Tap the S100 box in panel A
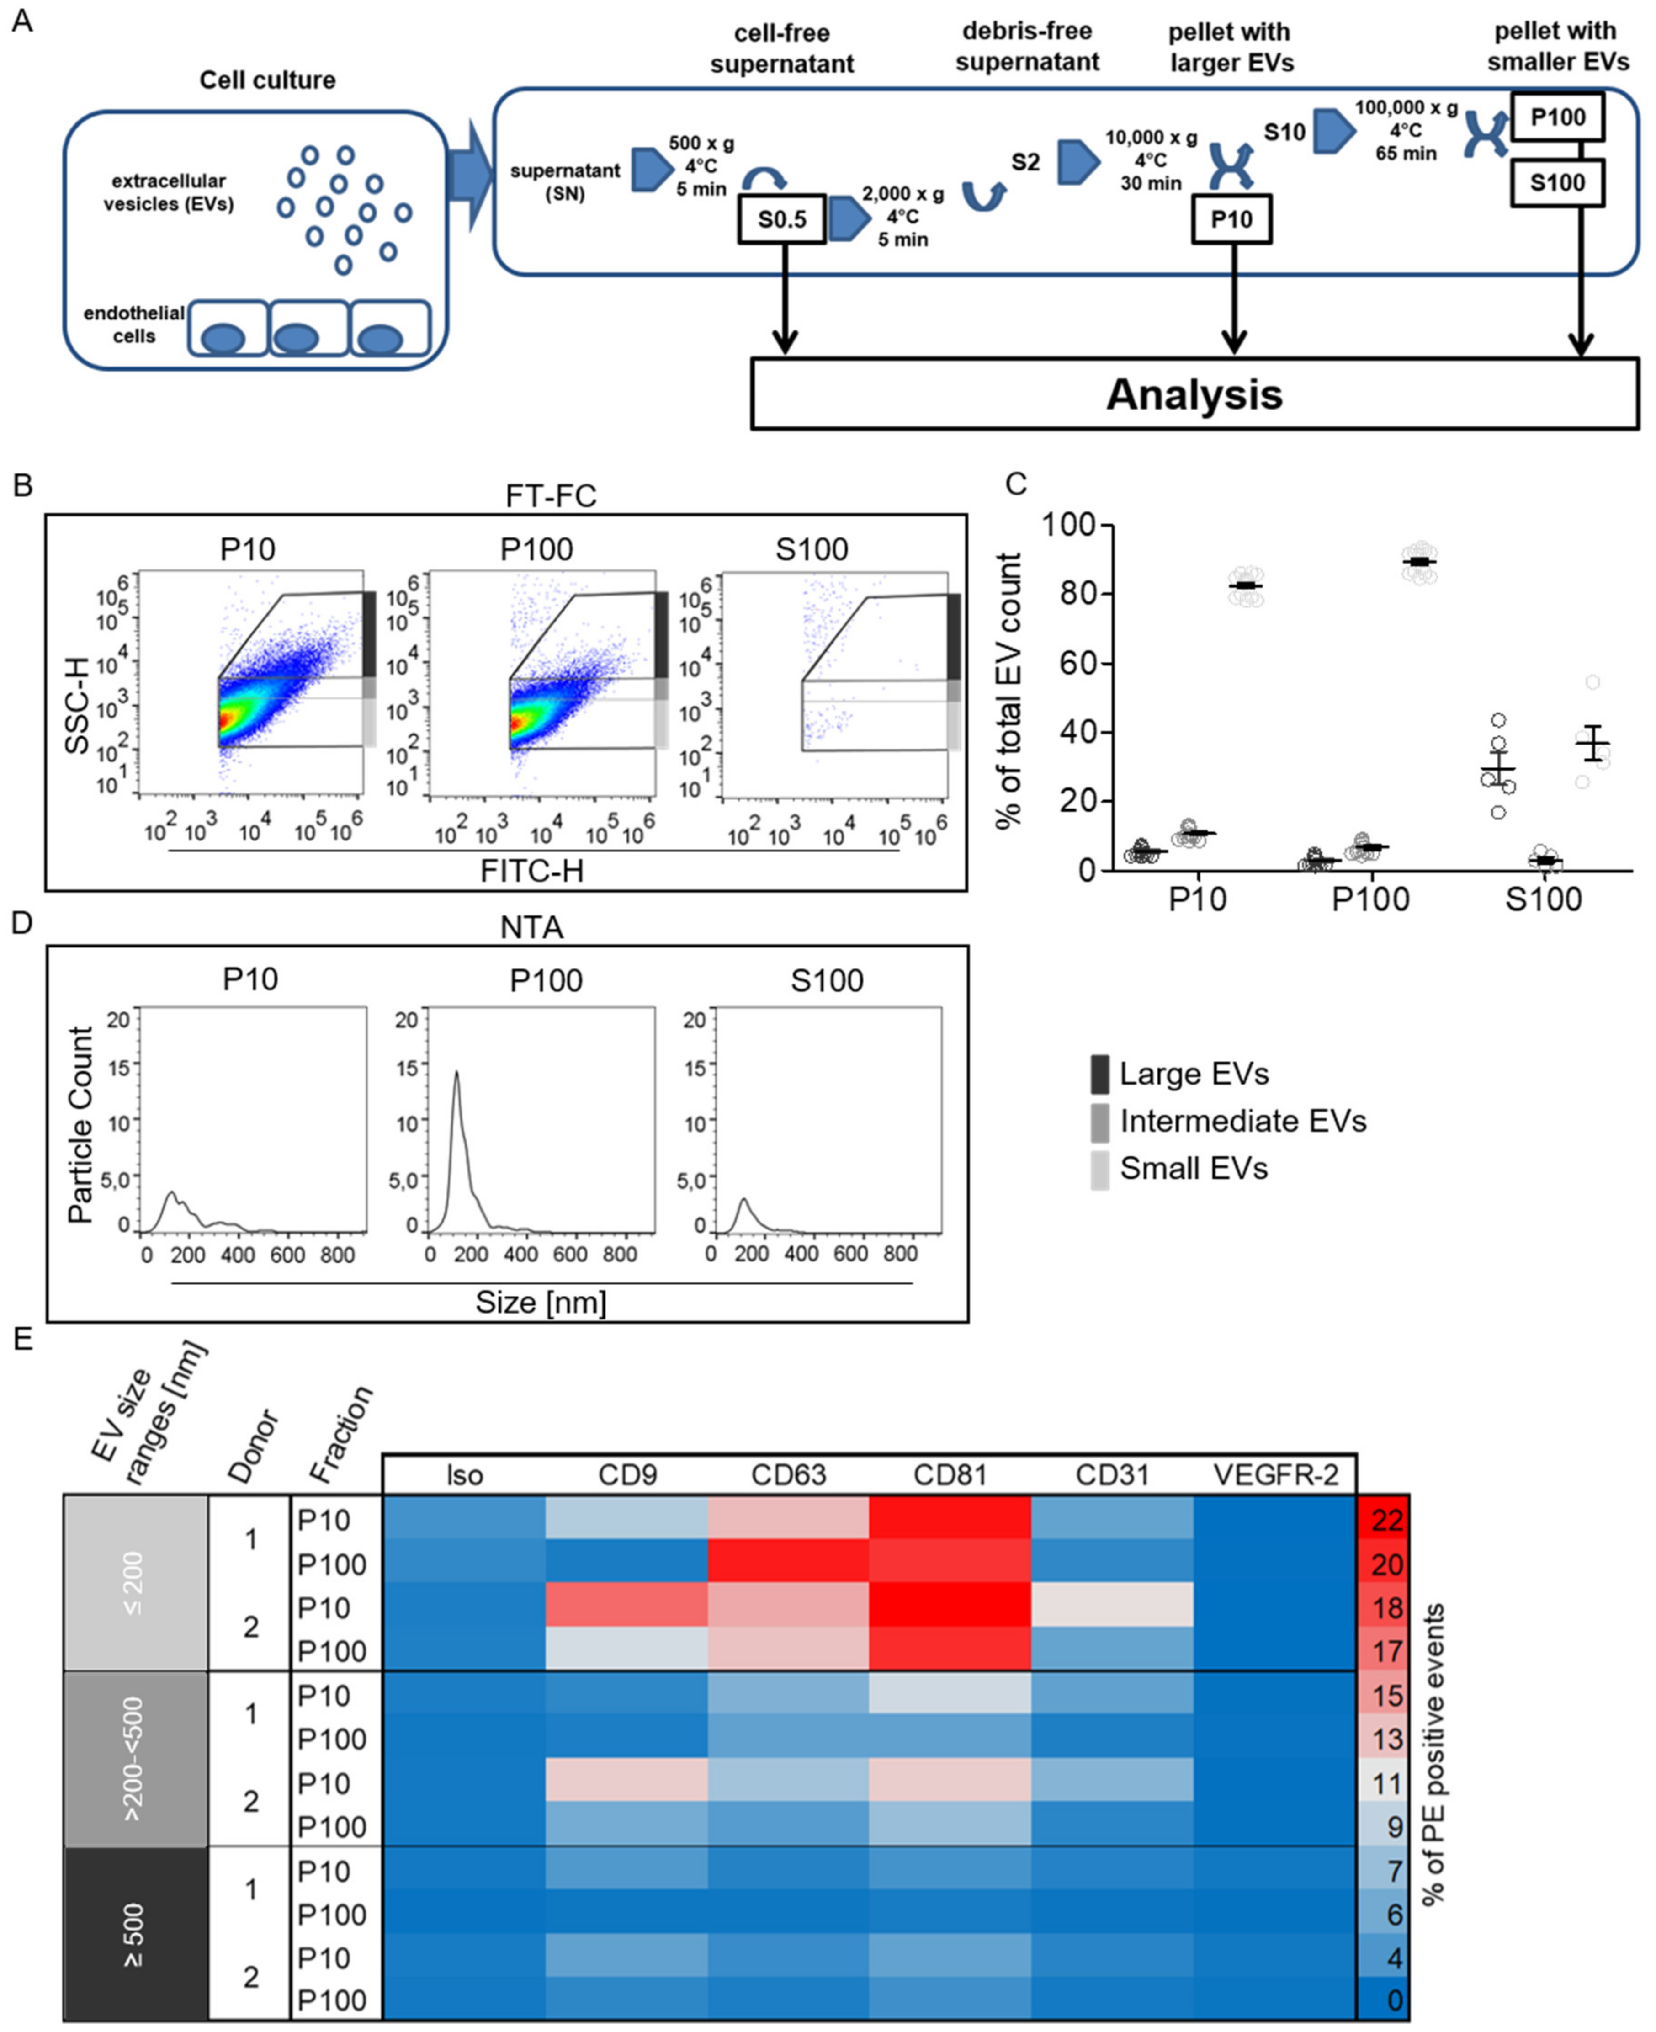(x=1557, y=182)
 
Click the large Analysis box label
(x=1194, y=394)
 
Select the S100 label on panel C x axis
(x=1543, y=899)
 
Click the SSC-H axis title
(x=76, y=705)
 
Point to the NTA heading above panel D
(x=531, y=927)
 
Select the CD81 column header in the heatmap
(x=949, y=1475)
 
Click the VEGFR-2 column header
(x=1275, y=1475)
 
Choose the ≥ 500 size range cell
(x=134, y=1934)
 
